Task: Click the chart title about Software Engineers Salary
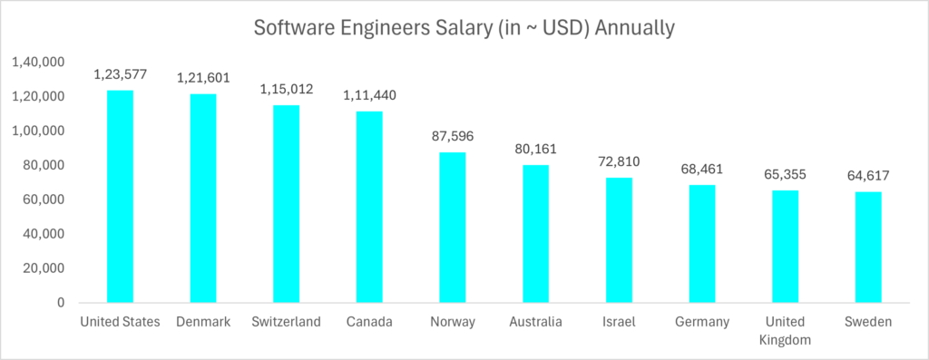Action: (x=464, y=28)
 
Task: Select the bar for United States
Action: (x=120, y=196)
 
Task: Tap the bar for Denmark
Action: (x=203, y=198)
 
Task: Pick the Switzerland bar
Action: (x=286, y=203)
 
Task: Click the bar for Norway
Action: (x=452, y=227)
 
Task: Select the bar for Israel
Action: (x=619, y=239)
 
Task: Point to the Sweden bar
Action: (x=867, y=247)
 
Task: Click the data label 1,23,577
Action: (x=120, y=74)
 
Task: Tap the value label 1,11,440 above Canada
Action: (x=369, y=95)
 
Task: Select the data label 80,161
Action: (x=535, y=149)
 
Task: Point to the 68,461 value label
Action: (x=701, y=169)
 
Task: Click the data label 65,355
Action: (x=785, y=174)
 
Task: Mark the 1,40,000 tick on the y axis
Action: (x=37, y=62)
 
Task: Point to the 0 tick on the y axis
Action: (x=59, y=303)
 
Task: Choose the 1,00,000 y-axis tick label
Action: (x=37, y=131)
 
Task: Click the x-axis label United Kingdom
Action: (x=785, y=330)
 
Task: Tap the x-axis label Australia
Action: (x=535, y=322)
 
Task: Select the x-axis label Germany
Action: (x=701, y=322)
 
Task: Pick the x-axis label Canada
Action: (x=369, y=322)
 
